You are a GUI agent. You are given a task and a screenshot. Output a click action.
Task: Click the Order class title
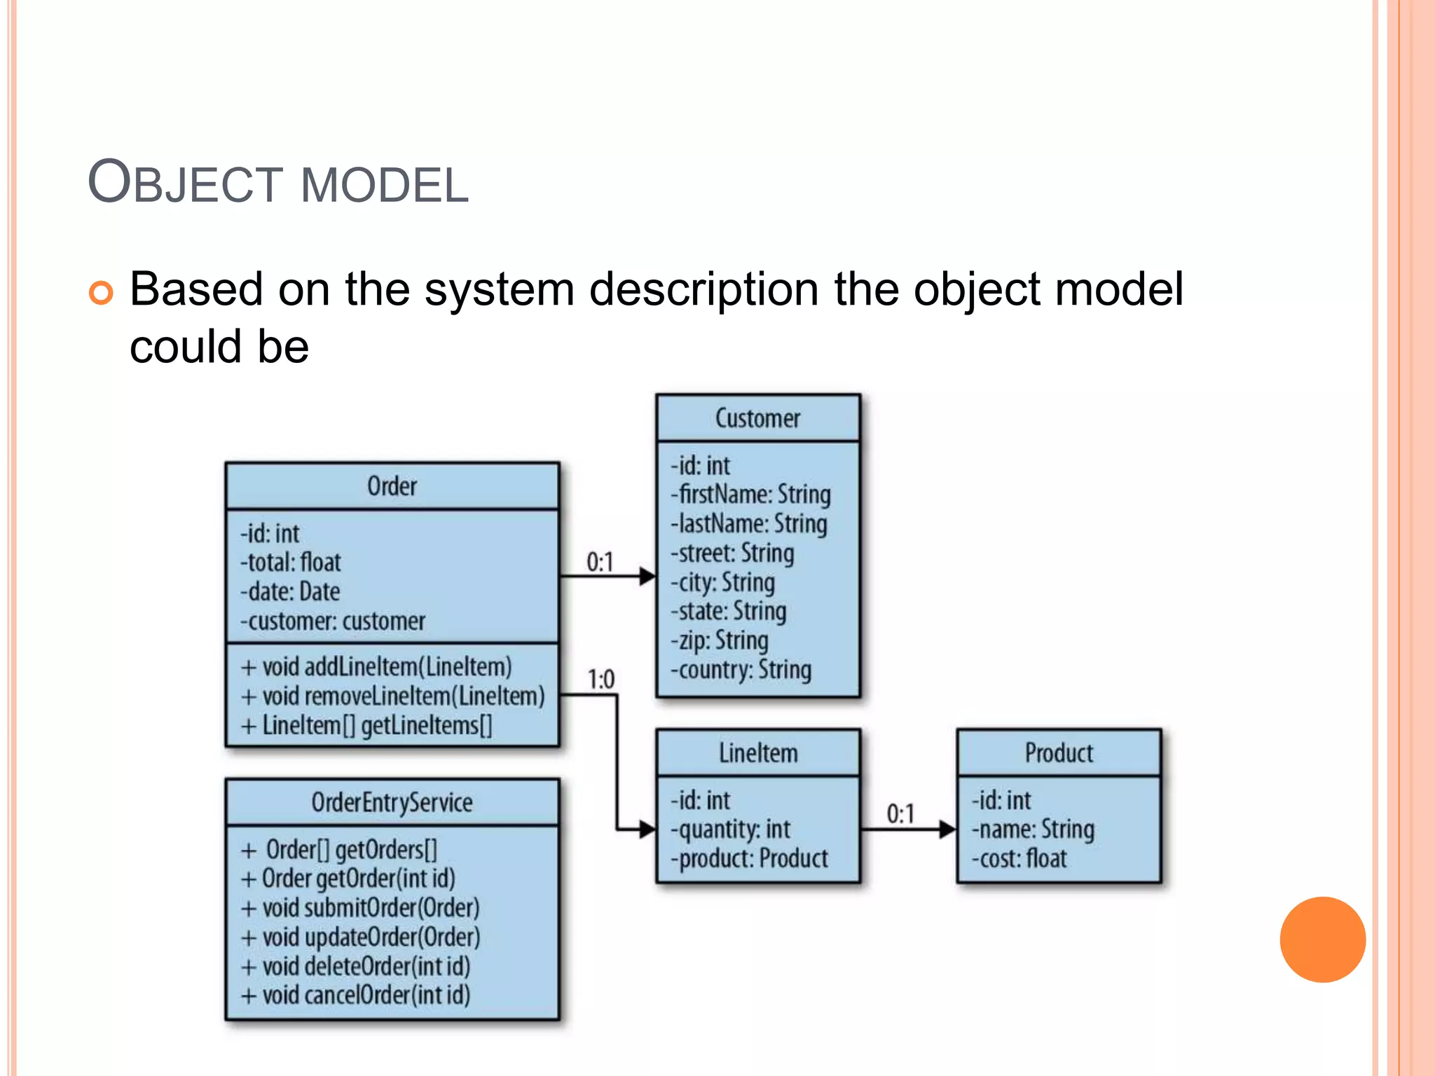coord(392,486)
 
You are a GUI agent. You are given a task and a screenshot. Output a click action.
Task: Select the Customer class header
coord(757,418)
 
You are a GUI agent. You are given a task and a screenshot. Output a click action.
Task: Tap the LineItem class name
coord(758,753)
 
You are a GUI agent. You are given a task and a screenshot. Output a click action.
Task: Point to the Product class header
coord(1059,753)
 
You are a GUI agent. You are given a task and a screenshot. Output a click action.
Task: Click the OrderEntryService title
coord(392,803)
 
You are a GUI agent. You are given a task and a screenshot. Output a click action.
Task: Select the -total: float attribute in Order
coord(291,563)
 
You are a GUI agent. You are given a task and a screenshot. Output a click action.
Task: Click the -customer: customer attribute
coord(333,621)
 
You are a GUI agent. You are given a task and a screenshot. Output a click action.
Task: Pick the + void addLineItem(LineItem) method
coord(376,667)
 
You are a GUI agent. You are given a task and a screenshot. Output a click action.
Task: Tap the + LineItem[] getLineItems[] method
coord(366,726)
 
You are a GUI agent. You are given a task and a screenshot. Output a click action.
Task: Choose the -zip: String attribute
coord(720,641)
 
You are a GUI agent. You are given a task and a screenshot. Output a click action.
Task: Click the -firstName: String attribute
coord(751,495)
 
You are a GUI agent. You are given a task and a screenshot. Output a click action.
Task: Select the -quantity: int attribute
coord(730,829)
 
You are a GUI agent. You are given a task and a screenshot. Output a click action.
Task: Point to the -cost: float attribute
coord(1019,859)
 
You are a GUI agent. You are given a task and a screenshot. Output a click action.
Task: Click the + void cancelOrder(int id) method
coord(356,995)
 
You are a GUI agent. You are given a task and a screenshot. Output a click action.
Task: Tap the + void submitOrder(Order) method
coord(360,908)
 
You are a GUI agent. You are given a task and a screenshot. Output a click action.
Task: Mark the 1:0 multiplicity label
coord(600,680)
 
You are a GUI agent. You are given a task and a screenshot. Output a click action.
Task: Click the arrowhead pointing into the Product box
coord(947,829)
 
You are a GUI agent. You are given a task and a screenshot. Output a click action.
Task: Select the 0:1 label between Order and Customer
coord(600,563)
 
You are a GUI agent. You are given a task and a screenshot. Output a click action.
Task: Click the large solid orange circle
coord(1322,939)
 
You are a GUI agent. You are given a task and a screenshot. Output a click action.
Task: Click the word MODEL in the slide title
coord(384,186)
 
